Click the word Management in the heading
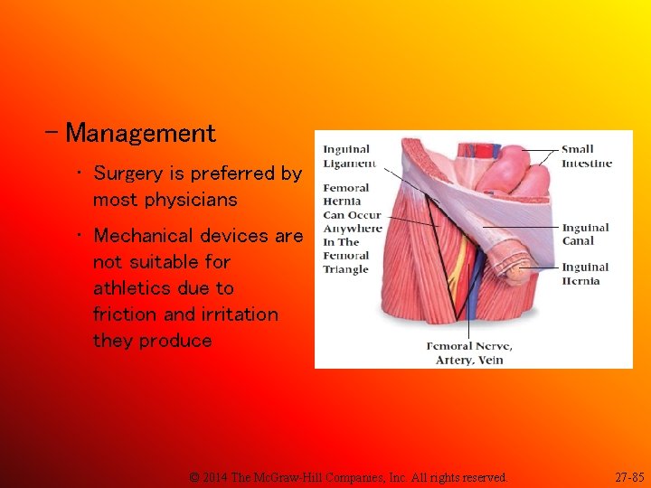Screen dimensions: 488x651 [x=141, y=134]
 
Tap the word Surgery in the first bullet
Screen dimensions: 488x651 [x=126, y=173]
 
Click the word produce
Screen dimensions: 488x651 [x=175, y=341]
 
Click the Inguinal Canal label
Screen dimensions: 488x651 [x=585, y=234]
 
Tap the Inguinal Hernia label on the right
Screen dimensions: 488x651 [x=585, y=274]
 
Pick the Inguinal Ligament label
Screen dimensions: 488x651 [x=347, y=155]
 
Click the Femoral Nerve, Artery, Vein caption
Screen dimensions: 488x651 [x=469, y=352]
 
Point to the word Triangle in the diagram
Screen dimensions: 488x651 [x=345, y=269]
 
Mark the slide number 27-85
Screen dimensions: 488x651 [x=628, y=476]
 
